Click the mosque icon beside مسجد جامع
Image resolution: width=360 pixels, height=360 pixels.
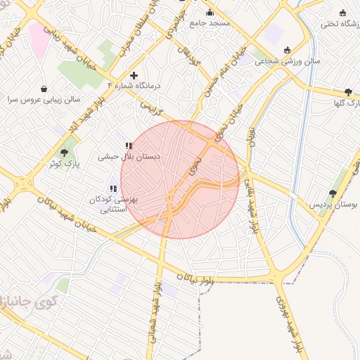210,12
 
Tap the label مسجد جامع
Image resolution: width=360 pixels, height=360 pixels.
210,23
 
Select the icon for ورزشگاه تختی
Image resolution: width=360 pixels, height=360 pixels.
342,12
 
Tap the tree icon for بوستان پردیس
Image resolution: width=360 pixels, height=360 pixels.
333,193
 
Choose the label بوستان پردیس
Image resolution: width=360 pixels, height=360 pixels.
334,205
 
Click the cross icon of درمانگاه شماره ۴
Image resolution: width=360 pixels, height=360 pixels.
134,75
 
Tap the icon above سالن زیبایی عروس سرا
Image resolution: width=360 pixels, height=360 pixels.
45,89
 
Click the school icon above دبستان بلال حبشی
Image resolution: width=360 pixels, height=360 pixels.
128,146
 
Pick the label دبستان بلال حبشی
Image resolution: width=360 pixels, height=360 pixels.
129,157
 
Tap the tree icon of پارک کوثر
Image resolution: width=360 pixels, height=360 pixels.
65,153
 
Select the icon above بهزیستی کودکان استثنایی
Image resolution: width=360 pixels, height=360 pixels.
113,188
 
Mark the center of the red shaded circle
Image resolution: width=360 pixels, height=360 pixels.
180,179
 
